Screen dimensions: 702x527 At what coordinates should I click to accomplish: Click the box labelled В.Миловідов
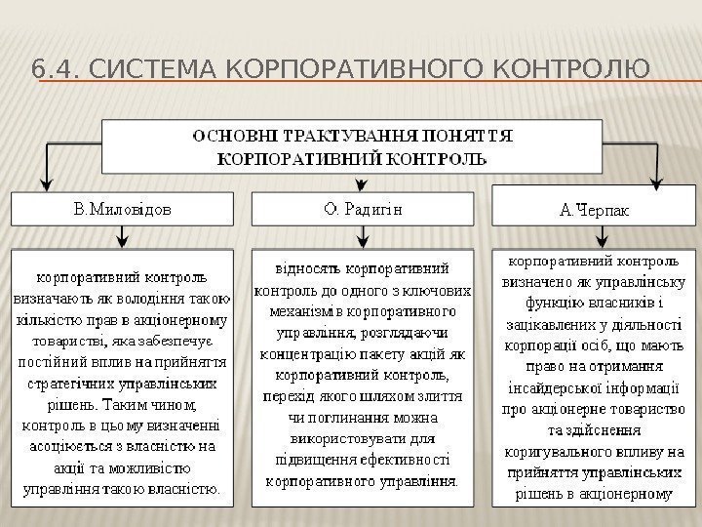124,208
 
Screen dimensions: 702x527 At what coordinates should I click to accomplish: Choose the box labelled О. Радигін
363,208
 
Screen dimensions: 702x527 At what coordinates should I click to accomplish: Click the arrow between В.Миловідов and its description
121,236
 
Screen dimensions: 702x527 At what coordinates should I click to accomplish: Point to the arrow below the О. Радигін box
363,236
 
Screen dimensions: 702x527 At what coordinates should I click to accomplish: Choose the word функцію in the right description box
559,300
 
